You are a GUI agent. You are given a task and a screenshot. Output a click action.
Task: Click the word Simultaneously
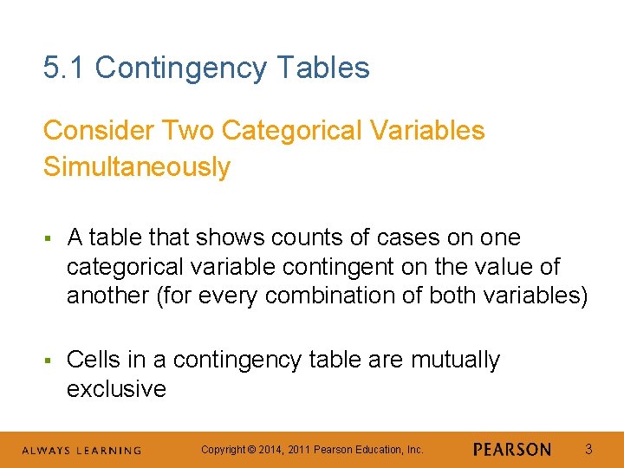click(137, 166)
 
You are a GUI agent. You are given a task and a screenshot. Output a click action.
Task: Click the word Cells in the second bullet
click(94, 360)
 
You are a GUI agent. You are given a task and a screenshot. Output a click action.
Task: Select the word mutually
click(455, 360)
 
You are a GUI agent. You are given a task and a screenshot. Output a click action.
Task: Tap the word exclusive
click(116, 389)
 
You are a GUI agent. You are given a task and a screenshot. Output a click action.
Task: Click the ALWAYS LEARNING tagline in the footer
click(81, 451)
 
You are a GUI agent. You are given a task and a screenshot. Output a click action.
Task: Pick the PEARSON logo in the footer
click(511, 450)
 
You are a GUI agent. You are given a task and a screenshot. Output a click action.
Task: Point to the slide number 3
click(588, 449)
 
